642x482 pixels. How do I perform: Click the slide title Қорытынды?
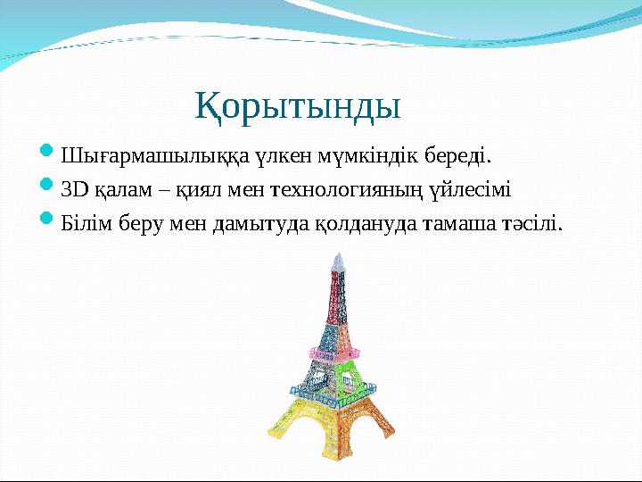click(x=298, y=106)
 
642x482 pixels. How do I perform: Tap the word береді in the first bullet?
click(x=456, y=158)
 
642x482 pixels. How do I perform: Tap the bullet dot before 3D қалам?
click(x=49, y=188)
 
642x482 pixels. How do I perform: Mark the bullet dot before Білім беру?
click(x=49, y=220)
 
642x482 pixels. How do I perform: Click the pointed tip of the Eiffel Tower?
click(x=336, y=257)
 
